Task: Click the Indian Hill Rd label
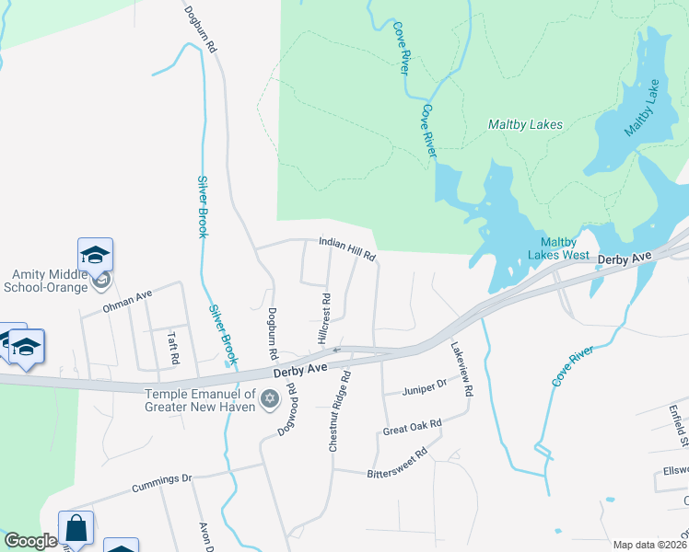pyautogui.click(x=347, y=248)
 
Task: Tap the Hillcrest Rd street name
pyautogui.click(x=324, y=319)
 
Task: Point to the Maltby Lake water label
pyautogui.click(x=642, y=109)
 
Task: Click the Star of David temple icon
pyautogui.click(x=270, y=398)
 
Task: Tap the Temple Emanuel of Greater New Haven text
pyautogui.click(x=198, y=398)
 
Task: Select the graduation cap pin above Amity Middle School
pyautogui.click(x=95, y=254)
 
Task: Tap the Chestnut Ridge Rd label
pyautogui.click(x=338, y=411)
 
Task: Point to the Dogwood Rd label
pyautogui.click(x=286, y=409)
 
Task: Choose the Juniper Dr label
pyautogui.click(x=424, y=388)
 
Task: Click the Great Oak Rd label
pyautogui.click(x=412, y=427)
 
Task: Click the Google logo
pyautogui.click(x=30, y=541)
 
